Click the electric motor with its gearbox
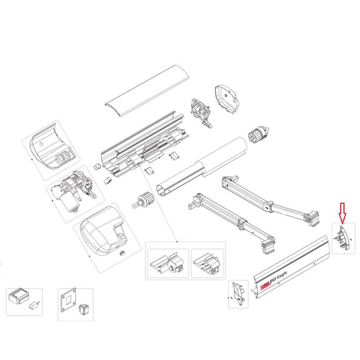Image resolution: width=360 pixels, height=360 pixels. (x=75, y=188)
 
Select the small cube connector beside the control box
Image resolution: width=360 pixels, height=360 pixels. (x=34, y=304)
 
